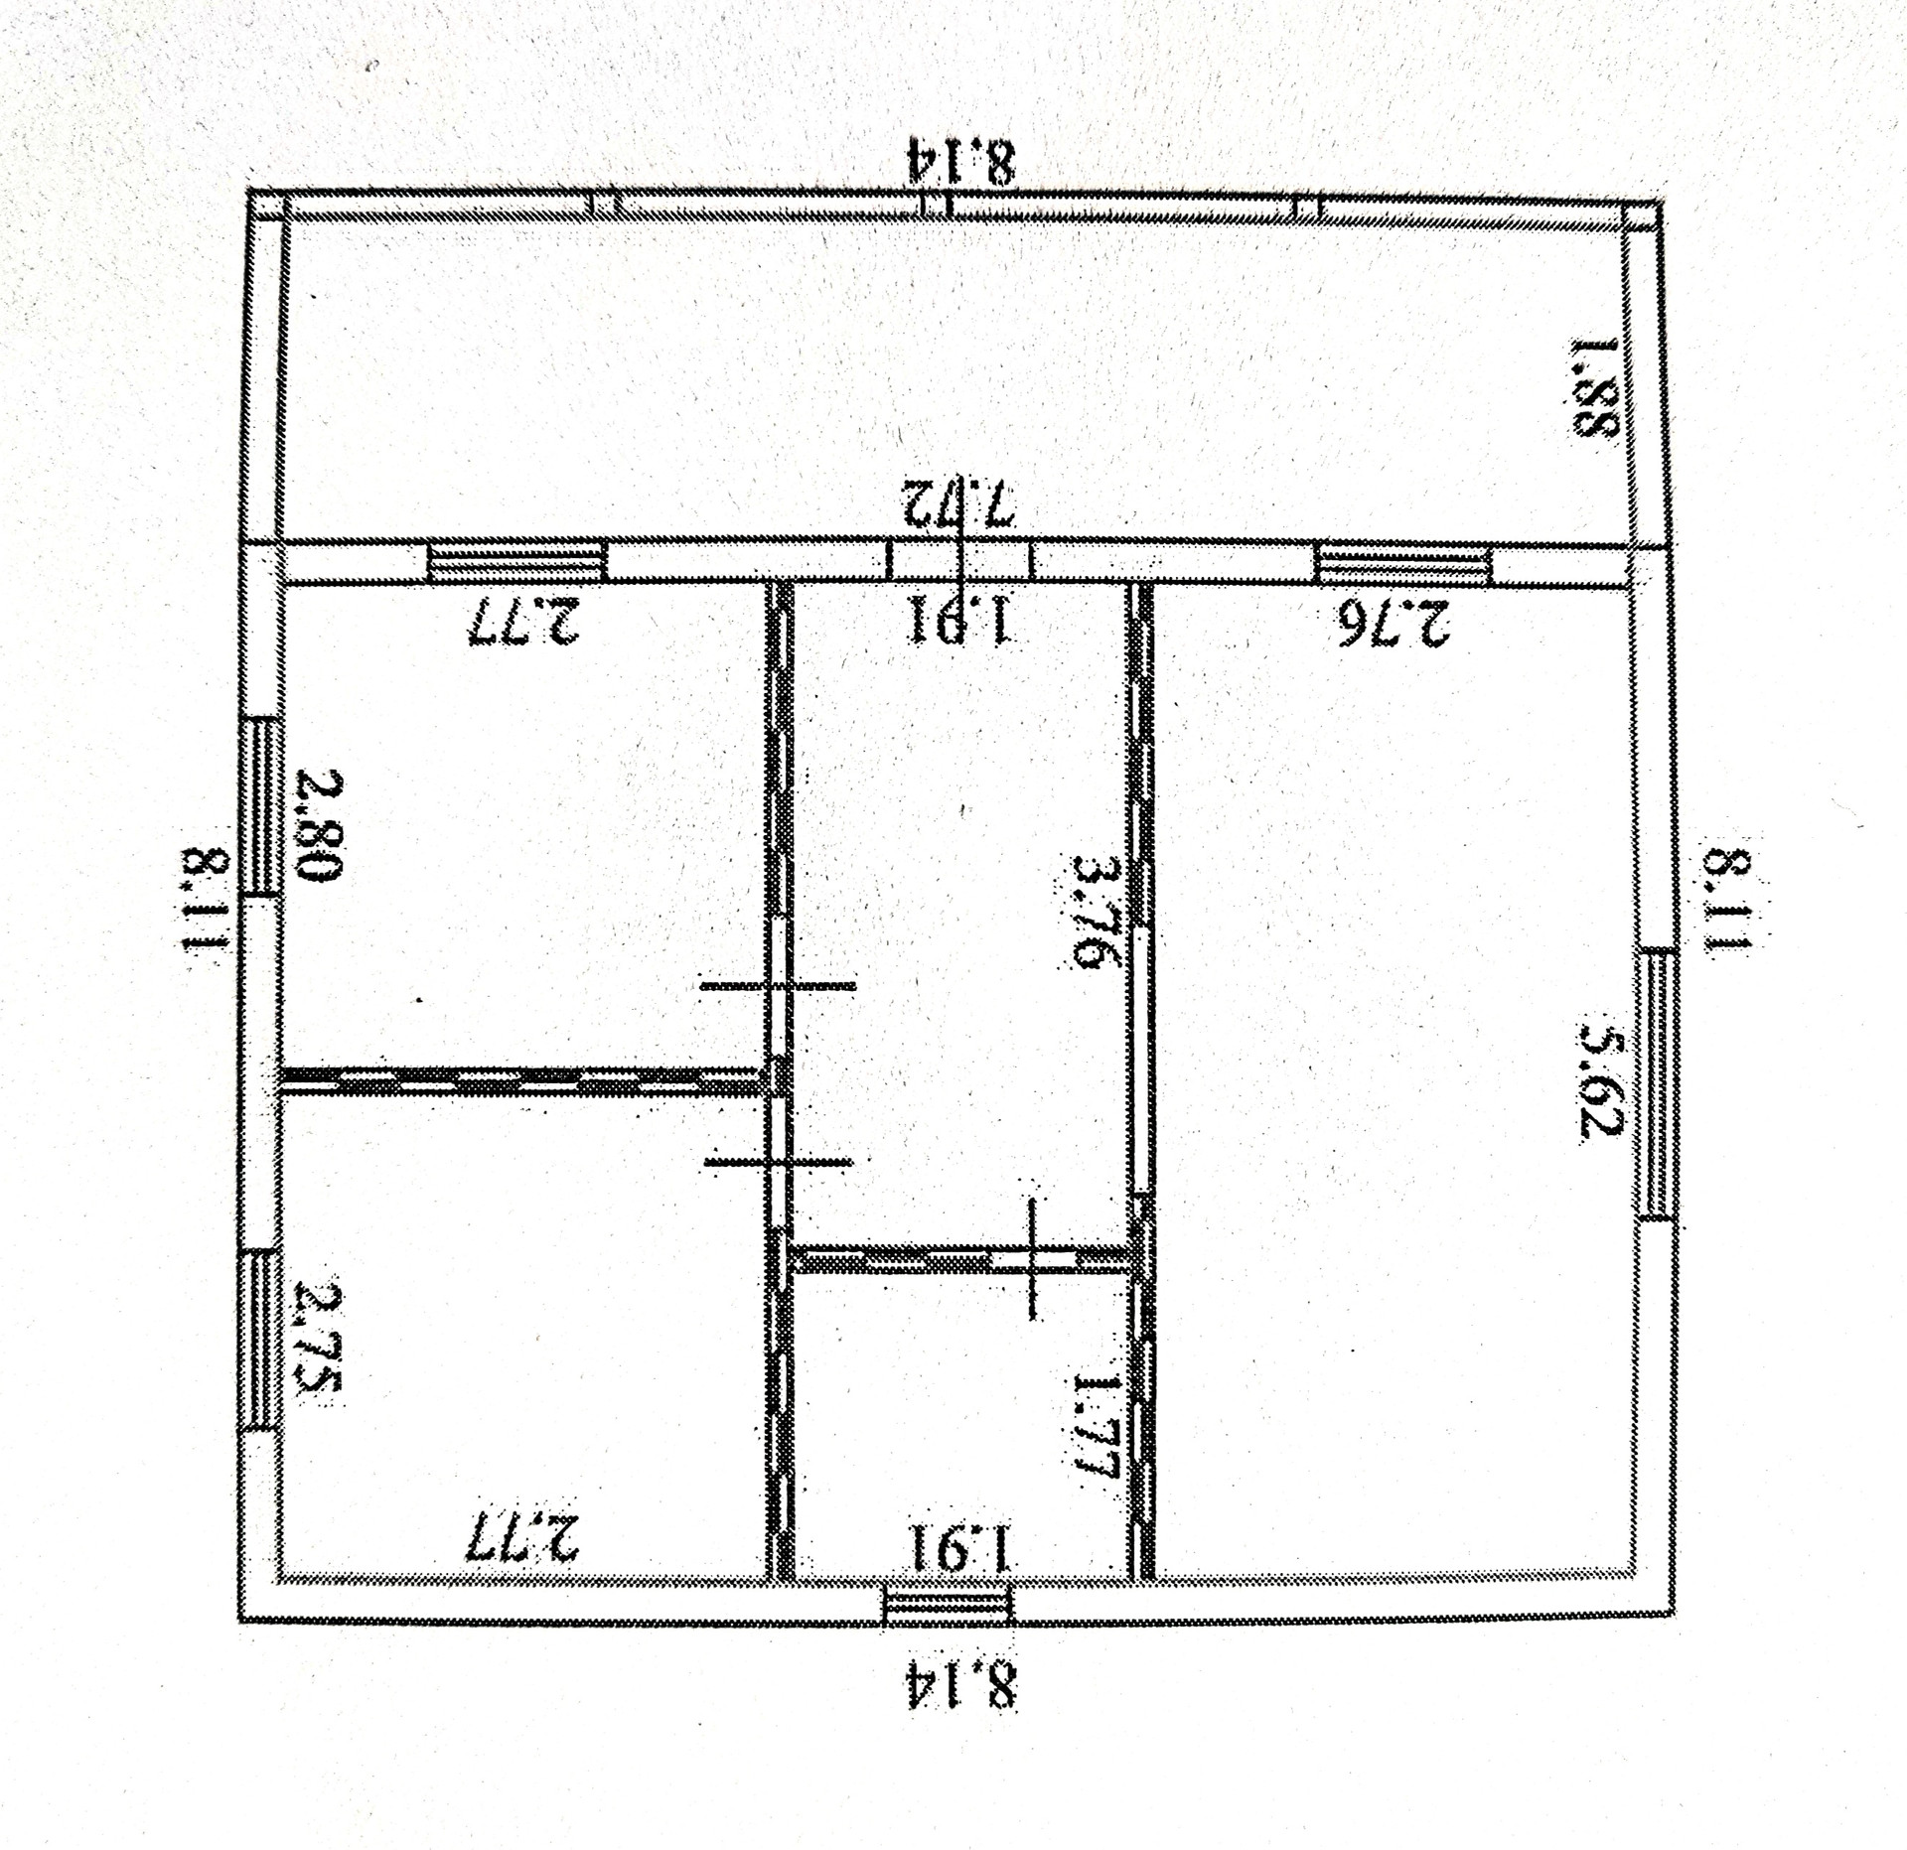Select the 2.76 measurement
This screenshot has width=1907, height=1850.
click(x=1394, y=625)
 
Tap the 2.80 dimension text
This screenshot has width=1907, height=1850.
click(x=320, y=825)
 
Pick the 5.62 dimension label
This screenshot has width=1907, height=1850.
click(x=1600, y=1084)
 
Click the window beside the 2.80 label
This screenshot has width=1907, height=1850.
click(x=262, y=806)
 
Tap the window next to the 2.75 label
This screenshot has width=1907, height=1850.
click(x=261, y=1340)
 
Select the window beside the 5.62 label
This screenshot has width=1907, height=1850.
click(x=1658, y=1083)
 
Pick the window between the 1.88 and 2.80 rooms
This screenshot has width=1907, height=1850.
click(x=516, y=561)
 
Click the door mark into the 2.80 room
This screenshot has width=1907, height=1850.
click(x=778, y=986)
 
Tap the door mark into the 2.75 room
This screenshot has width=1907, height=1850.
click(x=778, y=1162)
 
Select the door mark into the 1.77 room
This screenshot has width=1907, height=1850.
click(x=1034, y=1258)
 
